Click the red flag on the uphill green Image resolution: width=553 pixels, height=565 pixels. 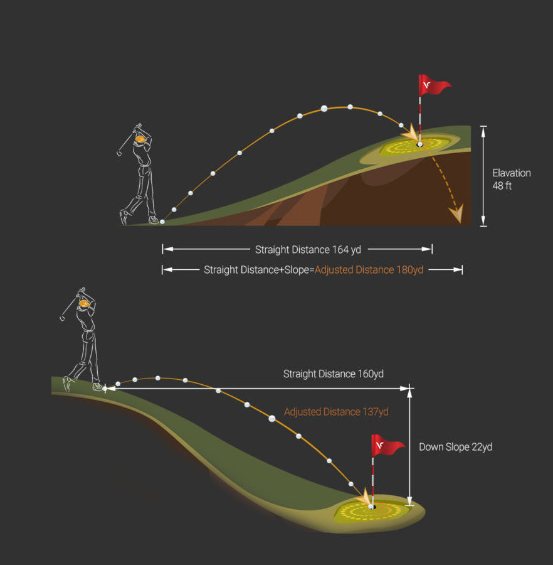pyautogui.click(x=433, y=86)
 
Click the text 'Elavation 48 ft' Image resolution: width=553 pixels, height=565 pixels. pyautogui.click(x=510, y=180)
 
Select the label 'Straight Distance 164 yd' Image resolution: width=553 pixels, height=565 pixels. pyautogui.click(x=308, y=250)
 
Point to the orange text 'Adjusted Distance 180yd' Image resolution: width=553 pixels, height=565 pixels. pyautogui.click(x=369, y=270)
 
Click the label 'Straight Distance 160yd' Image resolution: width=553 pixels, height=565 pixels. pyautogui.click(x=333, y=374)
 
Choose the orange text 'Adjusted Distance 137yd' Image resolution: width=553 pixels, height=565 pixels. pyautogui.click(x=336, y=412)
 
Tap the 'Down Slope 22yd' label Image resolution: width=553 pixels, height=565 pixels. pyautogui.click(x=455, y=447)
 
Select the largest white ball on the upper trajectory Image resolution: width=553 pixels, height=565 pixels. pyautogui.click(x=324, y=109)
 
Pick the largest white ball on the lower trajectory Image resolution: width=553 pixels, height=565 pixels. pyautogui.click(x=272, y=418)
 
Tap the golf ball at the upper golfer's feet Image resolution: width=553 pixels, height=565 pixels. pyautogui.click(x=162, y=222)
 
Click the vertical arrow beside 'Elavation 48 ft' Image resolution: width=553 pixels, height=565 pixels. pyautogui.click(x=483, y=176)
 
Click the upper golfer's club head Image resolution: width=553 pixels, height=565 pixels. pyautogui.click(x=118, y=153)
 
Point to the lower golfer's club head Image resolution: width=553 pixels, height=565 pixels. pyautogui.click(x=62, y=318)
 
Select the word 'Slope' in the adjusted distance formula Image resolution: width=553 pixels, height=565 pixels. pyautogui.click(x=296, y=270)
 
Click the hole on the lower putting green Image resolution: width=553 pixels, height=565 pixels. pyautogui.click(x=371, y=505)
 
